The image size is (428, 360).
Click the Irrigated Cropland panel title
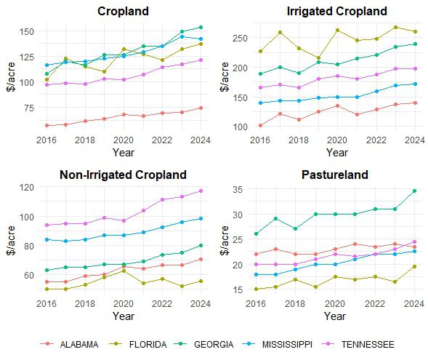pyautogui.click(x=336, y=12)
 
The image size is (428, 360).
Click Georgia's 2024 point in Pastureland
pyautogui.click(x=414, y=191)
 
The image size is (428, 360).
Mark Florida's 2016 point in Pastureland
pyautogui.click(x=256, y=289)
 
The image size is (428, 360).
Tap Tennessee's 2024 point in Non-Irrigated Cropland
pyautogui.click(x=201, y=191)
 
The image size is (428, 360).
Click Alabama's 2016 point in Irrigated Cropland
pyautogui.click(x=260, y=125)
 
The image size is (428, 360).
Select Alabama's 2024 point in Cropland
pyautogui.click(x=201, y=108)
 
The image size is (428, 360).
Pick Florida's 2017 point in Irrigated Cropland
pyautogui.click(x=280, y=33)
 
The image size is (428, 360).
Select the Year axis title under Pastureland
pyautogui.click(x=335, y=316)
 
